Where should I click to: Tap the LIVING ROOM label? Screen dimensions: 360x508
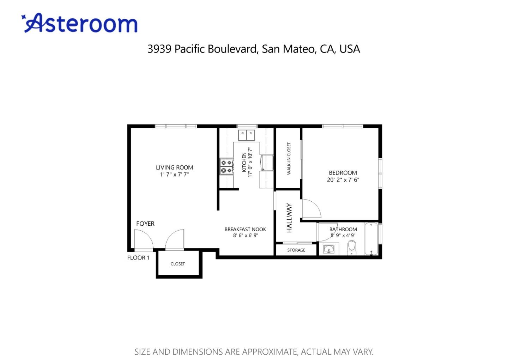tap(175, 167)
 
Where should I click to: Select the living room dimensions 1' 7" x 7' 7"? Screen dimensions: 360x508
tap(174, 175)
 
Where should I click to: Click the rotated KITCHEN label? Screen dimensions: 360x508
tap(244, 162)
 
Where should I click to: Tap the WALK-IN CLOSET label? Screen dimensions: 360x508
tap(289, 159)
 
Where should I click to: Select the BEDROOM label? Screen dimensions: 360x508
tap(343, 173)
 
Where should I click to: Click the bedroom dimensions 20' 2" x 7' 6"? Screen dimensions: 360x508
tap(343, 180)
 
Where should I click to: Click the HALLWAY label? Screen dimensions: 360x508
tap(289, 218)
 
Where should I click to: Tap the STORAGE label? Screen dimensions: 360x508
tap(296, 250)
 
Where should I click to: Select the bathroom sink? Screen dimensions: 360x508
tap(329, 249)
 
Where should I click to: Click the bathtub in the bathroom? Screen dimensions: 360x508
tap(371, 239)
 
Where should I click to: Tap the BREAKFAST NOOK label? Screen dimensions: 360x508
tap(245, 229)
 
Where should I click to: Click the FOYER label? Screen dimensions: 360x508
tap(145, 224)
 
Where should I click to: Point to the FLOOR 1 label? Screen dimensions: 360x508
tap(138, 258)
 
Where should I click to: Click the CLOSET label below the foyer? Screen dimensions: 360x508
tap(177, 264)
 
